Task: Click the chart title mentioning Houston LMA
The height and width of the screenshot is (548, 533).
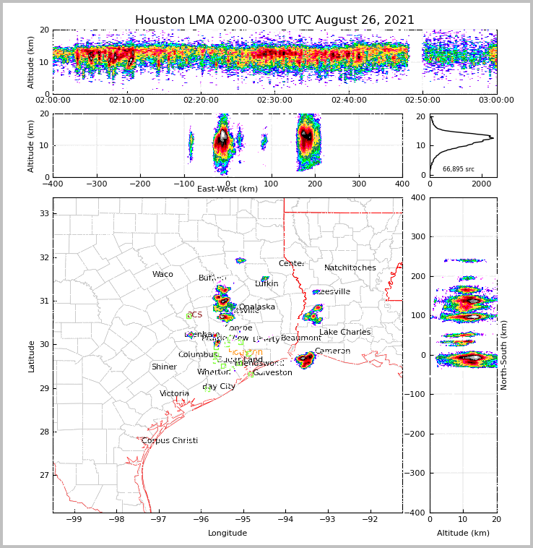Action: click(274, 20)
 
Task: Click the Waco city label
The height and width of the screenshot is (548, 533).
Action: click(162, 275)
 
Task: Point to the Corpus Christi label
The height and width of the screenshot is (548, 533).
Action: click(170, 441)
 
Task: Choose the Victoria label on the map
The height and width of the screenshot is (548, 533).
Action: click(175, 394)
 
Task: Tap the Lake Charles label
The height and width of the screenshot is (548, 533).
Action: click(344, 333)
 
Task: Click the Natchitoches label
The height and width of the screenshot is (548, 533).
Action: click(350, 268)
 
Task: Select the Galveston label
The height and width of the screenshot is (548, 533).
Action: click(273, 373)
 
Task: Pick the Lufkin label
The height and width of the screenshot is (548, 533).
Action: click(266, 284)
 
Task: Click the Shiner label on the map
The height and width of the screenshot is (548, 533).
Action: click(164, 367)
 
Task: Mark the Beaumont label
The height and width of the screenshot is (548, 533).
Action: click(301, 338)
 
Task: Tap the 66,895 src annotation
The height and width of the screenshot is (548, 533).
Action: click(459, 169)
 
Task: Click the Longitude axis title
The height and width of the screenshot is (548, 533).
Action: click(227, 534)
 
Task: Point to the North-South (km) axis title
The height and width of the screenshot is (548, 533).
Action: click(504, 355)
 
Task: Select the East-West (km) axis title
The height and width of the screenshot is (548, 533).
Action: click(227, 189)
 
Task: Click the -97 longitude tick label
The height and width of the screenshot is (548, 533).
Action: click(158, 519)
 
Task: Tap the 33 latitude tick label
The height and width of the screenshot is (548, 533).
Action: click(43, 213)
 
